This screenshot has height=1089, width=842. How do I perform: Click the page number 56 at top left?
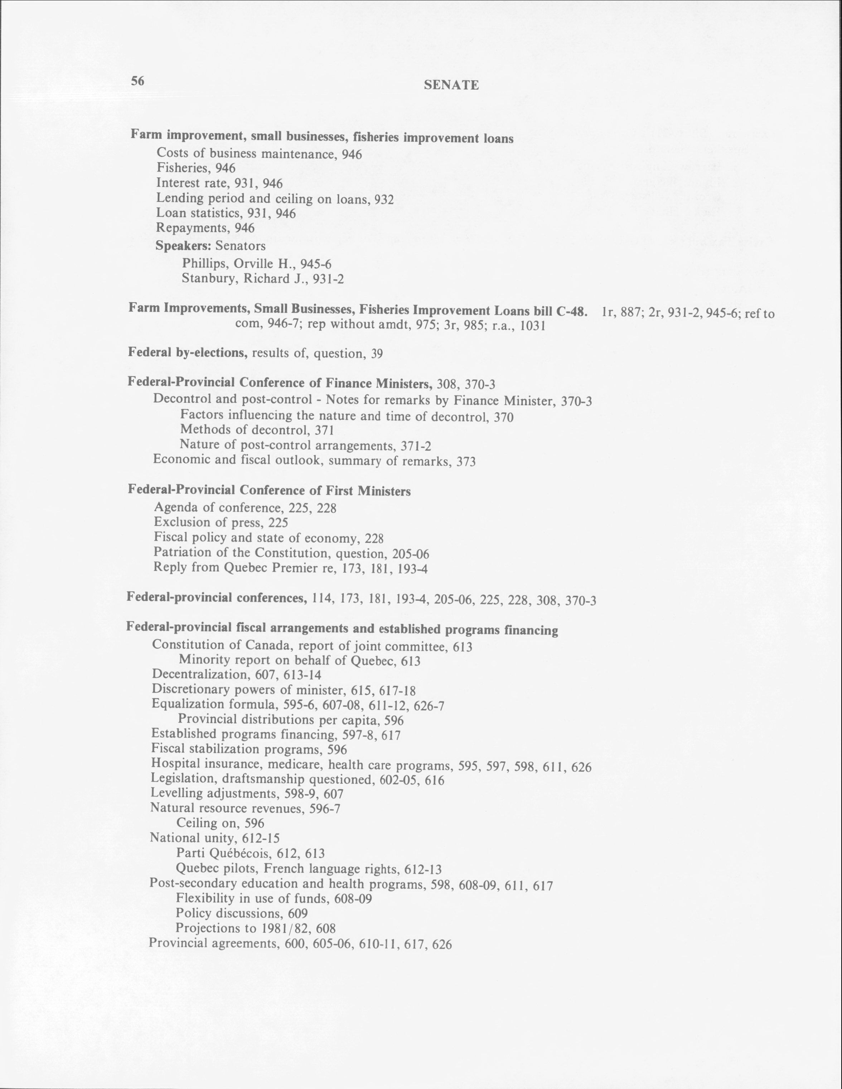click(x=137, y=81)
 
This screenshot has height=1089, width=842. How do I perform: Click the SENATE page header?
click(x=451, y=85)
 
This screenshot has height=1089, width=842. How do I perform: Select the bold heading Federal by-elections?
click(x=188, y=352)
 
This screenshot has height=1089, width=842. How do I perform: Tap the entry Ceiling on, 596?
click(x=220, y=823)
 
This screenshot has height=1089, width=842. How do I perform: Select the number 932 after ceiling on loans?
click(x=384, y=200)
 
